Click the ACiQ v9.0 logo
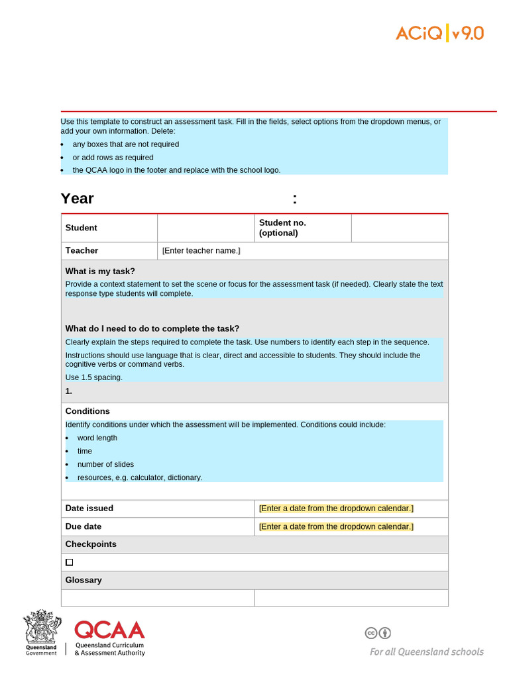439,32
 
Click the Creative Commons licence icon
378,633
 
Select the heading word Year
78,199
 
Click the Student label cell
82,228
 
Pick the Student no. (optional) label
282,228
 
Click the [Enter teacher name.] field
201,250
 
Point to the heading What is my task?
100,271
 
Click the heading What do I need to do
152,328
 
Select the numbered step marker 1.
69,391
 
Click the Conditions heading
87,411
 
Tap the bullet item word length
97,438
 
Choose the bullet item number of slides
105,464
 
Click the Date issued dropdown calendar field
336,508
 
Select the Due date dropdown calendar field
336,526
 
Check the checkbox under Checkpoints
70,562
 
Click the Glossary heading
84,580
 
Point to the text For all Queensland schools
426,652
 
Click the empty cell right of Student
205,228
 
